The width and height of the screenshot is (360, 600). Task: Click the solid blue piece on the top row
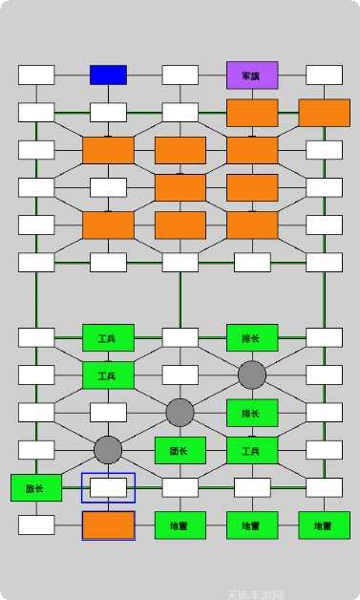108,75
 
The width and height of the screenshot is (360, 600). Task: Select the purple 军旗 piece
252,75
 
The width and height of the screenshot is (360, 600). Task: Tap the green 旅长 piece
36,487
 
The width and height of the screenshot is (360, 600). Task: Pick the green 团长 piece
180,450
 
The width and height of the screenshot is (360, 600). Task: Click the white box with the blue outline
108,487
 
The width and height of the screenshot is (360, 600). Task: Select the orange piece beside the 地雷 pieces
108,525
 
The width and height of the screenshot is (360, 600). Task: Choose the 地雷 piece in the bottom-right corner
324,525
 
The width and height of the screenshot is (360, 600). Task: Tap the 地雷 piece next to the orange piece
180,525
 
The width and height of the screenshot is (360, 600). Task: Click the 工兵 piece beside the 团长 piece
252,450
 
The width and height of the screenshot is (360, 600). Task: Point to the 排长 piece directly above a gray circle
252,337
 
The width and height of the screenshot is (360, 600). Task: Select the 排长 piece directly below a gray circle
252,413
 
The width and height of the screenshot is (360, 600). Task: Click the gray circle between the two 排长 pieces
252,375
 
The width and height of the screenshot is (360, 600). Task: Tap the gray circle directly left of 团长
108,450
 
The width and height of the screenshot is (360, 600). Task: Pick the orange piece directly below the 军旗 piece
252,113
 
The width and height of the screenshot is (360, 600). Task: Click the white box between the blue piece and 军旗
180,75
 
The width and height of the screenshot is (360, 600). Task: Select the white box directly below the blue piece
108,113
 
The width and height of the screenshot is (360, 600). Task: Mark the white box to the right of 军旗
324,75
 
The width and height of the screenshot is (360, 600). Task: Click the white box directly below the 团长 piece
180,487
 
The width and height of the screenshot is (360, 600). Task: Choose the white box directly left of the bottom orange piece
36,525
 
